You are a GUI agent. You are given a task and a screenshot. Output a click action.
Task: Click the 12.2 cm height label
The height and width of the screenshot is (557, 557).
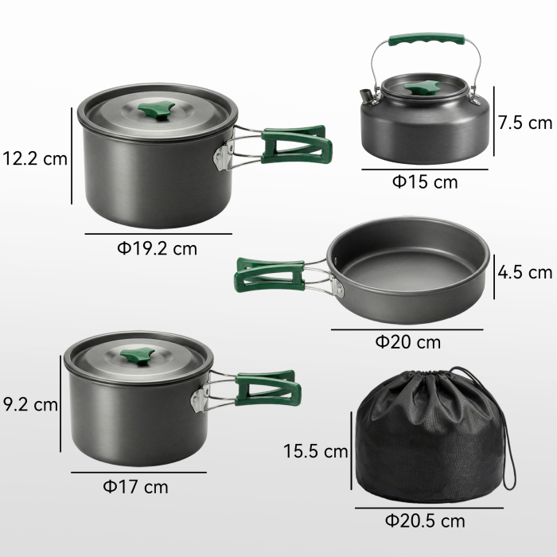point(34,158)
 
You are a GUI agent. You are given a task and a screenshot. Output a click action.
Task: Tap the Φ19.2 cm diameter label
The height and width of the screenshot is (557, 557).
point(157,248)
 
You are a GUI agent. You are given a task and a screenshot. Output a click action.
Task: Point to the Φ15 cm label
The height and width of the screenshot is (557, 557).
point(425,181)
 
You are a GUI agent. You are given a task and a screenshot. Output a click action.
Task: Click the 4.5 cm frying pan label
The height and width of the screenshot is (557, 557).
point(524,272)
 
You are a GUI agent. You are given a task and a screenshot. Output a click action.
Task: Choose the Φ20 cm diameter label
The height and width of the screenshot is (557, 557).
point(407,342)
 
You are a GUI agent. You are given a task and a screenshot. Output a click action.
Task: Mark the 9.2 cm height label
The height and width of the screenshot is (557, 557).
point(30,404)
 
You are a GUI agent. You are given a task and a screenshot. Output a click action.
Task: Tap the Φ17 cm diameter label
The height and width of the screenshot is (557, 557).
point(136,486)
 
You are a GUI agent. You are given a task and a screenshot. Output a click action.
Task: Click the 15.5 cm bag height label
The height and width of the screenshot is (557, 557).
point(316,451)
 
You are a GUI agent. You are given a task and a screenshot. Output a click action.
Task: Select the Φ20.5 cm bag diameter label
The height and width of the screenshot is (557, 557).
point(425,521)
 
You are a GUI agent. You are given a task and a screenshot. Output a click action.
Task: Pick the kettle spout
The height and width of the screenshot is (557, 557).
point(365,98)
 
